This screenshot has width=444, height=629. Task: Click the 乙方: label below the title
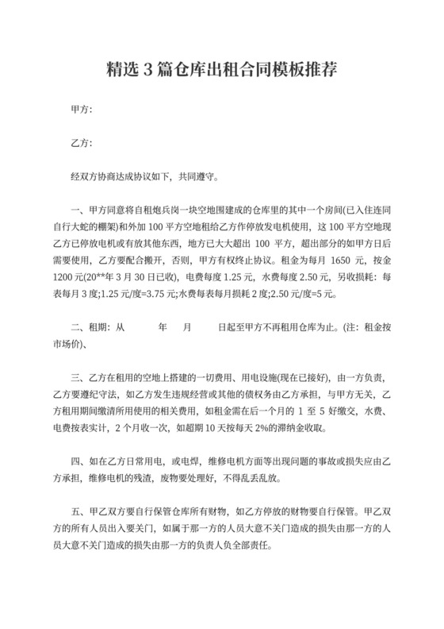click(x=82, y=143)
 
